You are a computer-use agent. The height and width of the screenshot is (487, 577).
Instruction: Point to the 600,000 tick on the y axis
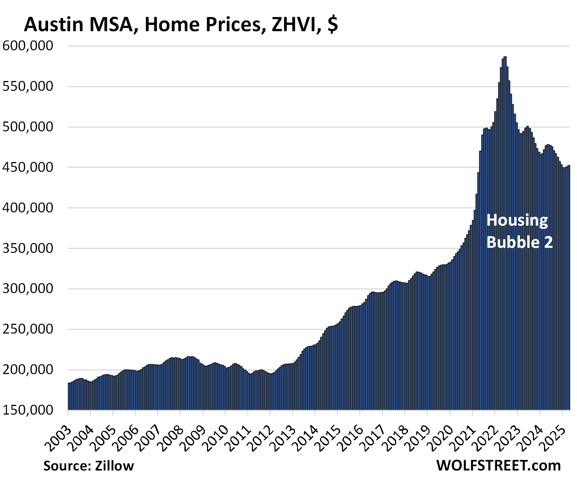click(28, 46)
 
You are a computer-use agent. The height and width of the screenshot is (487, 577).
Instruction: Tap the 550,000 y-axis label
click(28, 86)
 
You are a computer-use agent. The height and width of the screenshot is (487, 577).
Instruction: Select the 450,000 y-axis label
click(28, 167)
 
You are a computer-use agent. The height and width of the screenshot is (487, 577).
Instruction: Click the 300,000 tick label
click(28, 289)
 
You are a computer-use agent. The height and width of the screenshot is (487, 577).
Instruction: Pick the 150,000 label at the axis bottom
click(28, 410)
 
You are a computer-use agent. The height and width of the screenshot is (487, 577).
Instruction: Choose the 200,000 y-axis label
click(28, 370)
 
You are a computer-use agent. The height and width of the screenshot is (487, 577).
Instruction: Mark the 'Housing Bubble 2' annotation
click(519, 231)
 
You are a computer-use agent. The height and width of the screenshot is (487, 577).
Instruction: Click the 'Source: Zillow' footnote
click(89, 466)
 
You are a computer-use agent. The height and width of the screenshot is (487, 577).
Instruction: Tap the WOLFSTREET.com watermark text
click(498, 465)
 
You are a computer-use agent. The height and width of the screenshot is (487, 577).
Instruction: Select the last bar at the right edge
click(569, 287)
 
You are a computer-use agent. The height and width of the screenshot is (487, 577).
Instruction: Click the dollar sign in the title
click(333, 24)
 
